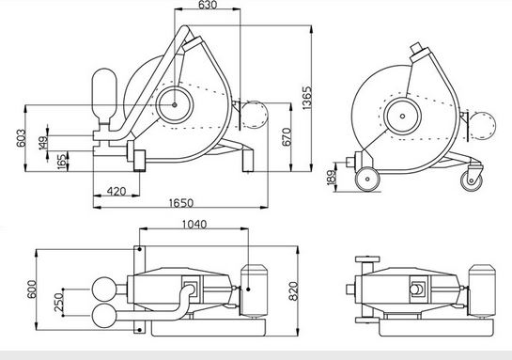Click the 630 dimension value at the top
(208, 5)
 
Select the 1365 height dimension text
(307, 98)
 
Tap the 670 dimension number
(286, 137)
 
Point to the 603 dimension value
(21, 138)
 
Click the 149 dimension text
(43, 143)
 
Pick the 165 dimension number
(62, 162)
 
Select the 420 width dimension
(116, 191)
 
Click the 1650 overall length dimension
(181, 203)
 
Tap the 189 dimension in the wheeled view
(332, 178)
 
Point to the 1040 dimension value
(194, 224)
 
